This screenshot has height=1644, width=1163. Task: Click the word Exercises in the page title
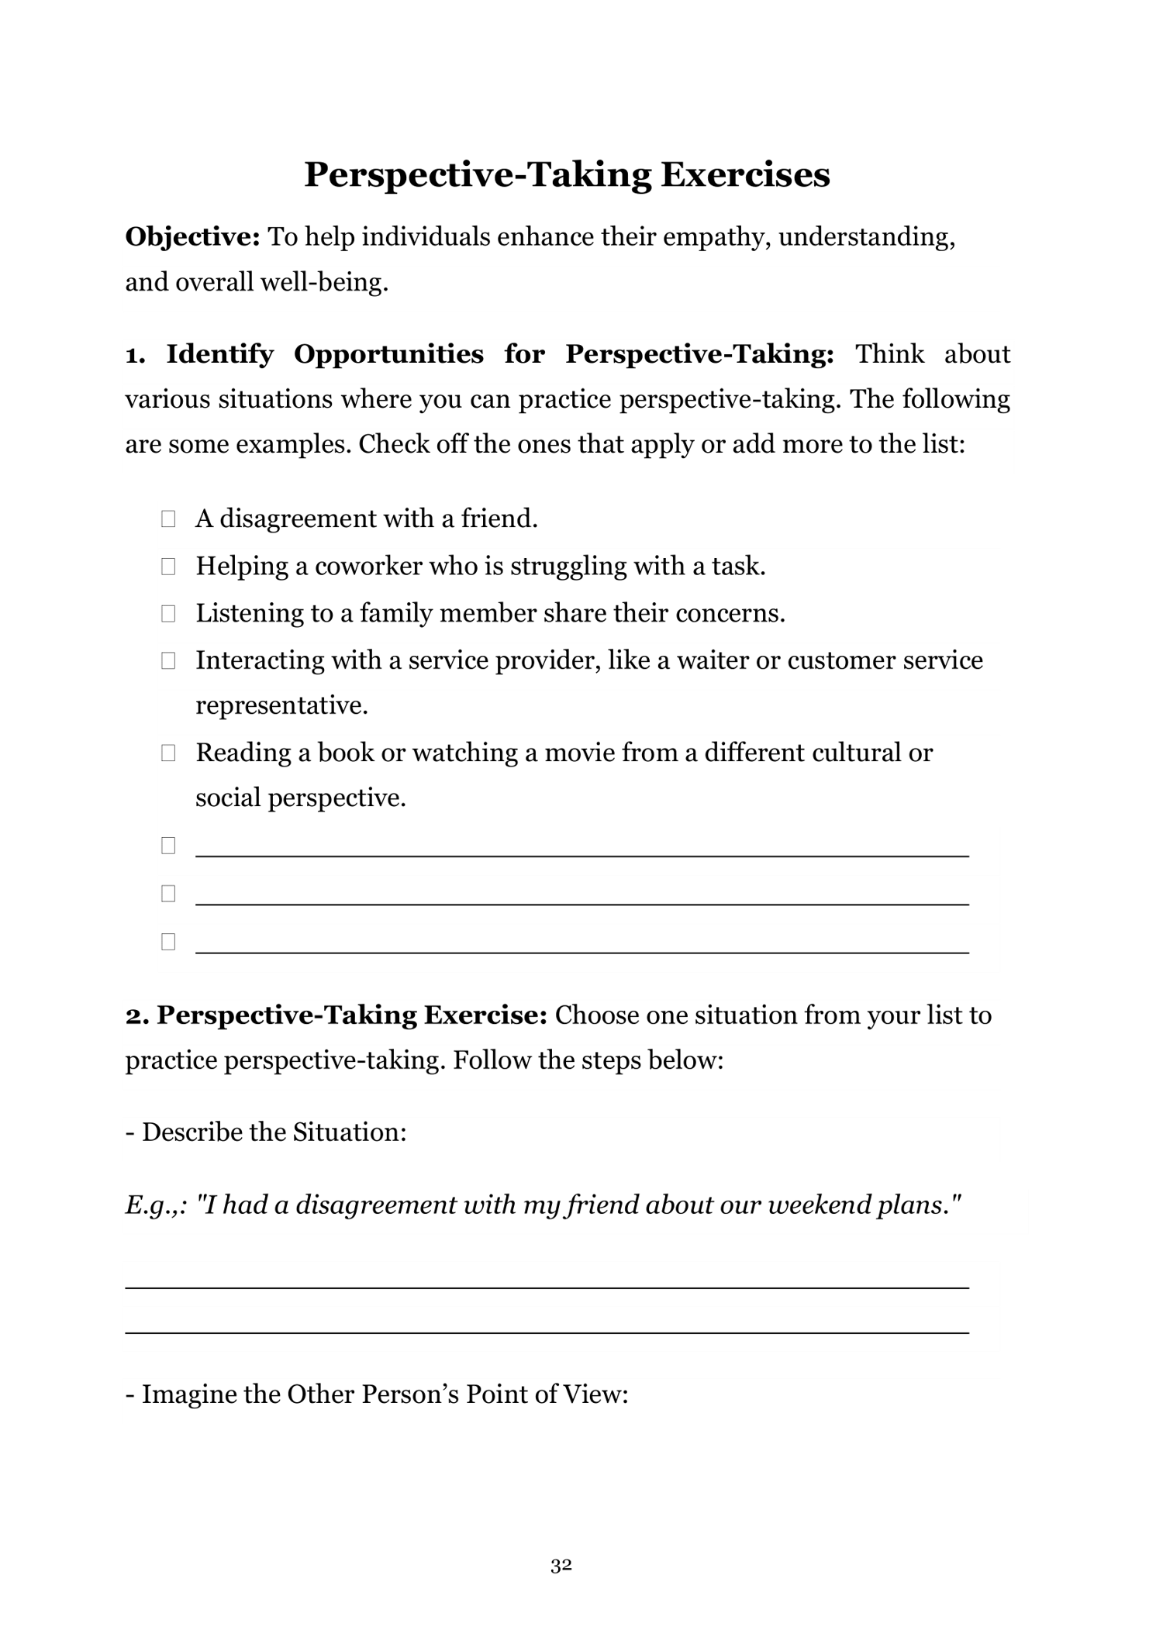(745, 174)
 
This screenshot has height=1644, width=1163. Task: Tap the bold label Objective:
(193, 236)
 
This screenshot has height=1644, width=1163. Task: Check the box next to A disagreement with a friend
(168, 519)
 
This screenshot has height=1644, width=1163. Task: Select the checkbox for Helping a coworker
(168, 567)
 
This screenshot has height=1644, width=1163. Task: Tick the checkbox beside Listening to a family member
(168, 614)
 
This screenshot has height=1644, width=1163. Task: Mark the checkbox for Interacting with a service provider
(168, 661)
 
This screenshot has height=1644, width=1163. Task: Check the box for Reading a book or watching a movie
(168, 753)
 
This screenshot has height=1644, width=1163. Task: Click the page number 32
(561, 1566)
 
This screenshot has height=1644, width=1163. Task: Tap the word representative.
(281, 705)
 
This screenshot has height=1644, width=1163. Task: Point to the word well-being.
(323, 282)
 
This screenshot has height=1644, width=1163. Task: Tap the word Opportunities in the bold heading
(388, 354)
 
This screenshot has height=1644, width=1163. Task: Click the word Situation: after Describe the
(349, 1132)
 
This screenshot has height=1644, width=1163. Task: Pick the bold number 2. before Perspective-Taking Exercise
(137, 1015)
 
